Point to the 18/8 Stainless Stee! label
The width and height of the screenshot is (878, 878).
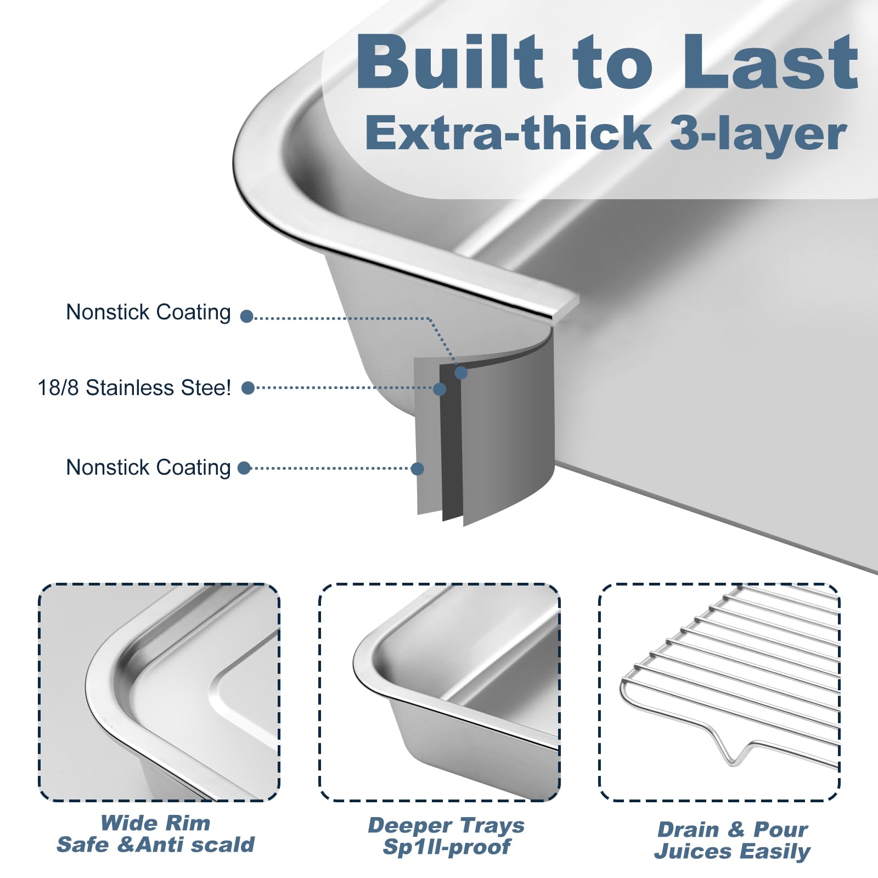(134, 387)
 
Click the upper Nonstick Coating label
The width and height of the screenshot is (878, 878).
(149, 313)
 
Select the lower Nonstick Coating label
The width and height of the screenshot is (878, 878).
(149, 468)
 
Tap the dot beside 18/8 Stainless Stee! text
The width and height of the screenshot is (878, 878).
(248, 388)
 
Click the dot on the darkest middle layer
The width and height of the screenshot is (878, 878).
(461, 373)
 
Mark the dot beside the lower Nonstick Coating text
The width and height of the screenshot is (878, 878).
(244, 468)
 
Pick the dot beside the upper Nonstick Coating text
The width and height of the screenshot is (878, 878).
(247, 316)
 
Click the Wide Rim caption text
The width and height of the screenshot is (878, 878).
(155, 823)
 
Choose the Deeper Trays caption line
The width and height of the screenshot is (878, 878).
(446, 825)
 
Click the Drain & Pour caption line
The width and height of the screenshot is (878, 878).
(732, 829)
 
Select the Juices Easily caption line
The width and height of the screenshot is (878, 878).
(732, 852)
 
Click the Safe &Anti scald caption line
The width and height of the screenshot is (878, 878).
(155, 845)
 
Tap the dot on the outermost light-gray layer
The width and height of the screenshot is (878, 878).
(417, 469)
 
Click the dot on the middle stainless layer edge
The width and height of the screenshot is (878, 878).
(440, 389)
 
